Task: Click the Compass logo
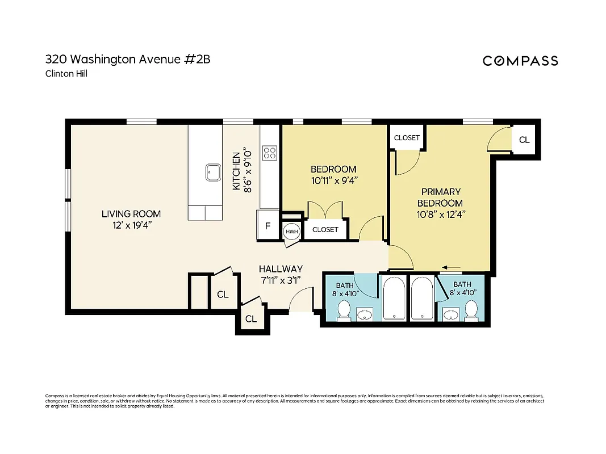pos(520,61)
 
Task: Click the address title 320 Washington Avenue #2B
pos(127,59)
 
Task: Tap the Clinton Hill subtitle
pos(66,73)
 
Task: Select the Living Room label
pos(131,214)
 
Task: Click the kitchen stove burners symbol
pos(269,152)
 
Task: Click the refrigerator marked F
pos(268,226)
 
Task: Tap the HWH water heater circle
pos(291,232)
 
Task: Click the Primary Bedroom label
pos(440,197)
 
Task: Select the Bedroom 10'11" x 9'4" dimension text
pos(333,180)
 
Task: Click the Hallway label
pos(281,268)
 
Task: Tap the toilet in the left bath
pos(344,310)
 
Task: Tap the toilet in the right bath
pos(470,310)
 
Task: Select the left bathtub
pos(393,299)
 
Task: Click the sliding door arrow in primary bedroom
pos(452,268)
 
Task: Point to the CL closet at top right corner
pos(524,139)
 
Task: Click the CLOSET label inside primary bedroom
pos(407,137)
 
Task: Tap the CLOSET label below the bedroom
pos(325,229)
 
